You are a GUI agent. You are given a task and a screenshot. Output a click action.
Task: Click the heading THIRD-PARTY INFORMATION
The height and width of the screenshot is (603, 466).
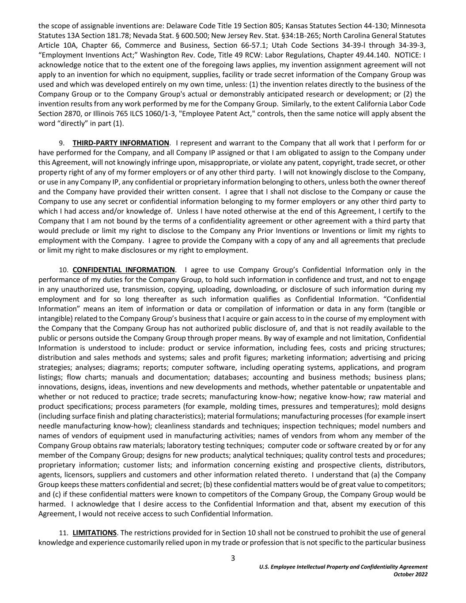click(x=121, y=143)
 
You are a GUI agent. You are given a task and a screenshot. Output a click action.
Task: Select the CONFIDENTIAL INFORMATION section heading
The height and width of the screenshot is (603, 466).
click(x=124, y=270)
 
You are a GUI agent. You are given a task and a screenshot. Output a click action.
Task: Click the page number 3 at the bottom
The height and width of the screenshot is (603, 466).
click(x=233, y=558)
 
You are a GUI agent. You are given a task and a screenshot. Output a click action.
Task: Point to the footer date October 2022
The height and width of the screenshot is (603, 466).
click(x=410, y=574)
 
